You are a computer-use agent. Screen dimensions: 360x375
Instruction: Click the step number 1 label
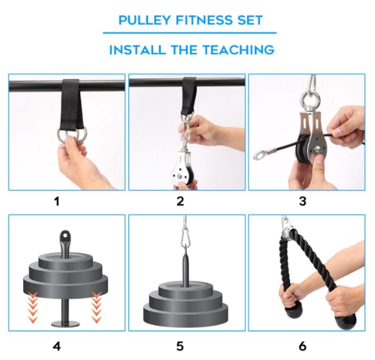click(57, 202)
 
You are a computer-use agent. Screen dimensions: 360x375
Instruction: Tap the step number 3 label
click(303, 202)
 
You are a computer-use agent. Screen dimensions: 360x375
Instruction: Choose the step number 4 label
click(57, 346)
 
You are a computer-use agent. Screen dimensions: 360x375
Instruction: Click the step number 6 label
click(303, 346)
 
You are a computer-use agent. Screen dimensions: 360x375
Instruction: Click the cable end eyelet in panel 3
click(260, 154)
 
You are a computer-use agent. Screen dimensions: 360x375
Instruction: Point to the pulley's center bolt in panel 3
click(318, 150)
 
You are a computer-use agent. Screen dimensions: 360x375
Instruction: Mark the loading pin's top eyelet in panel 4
click(65, 234)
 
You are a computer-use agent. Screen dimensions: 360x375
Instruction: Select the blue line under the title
click(189, 33)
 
